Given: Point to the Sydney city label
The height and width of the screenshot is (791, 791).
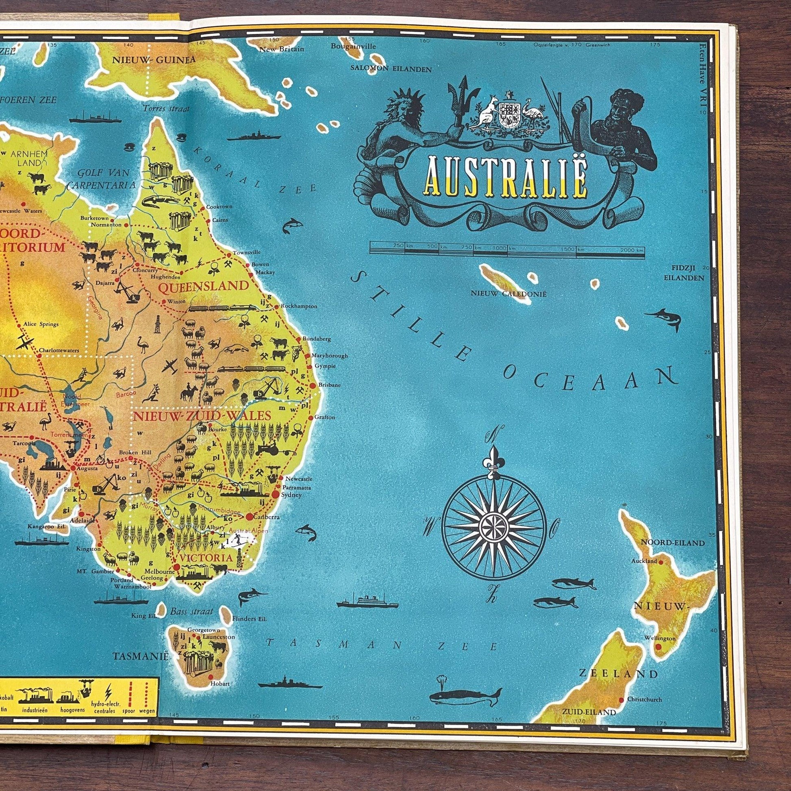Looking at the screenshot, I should coord(294,495).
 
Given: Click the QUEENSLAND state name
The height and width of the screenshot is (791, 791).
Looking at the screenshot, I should coord(204,285).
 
